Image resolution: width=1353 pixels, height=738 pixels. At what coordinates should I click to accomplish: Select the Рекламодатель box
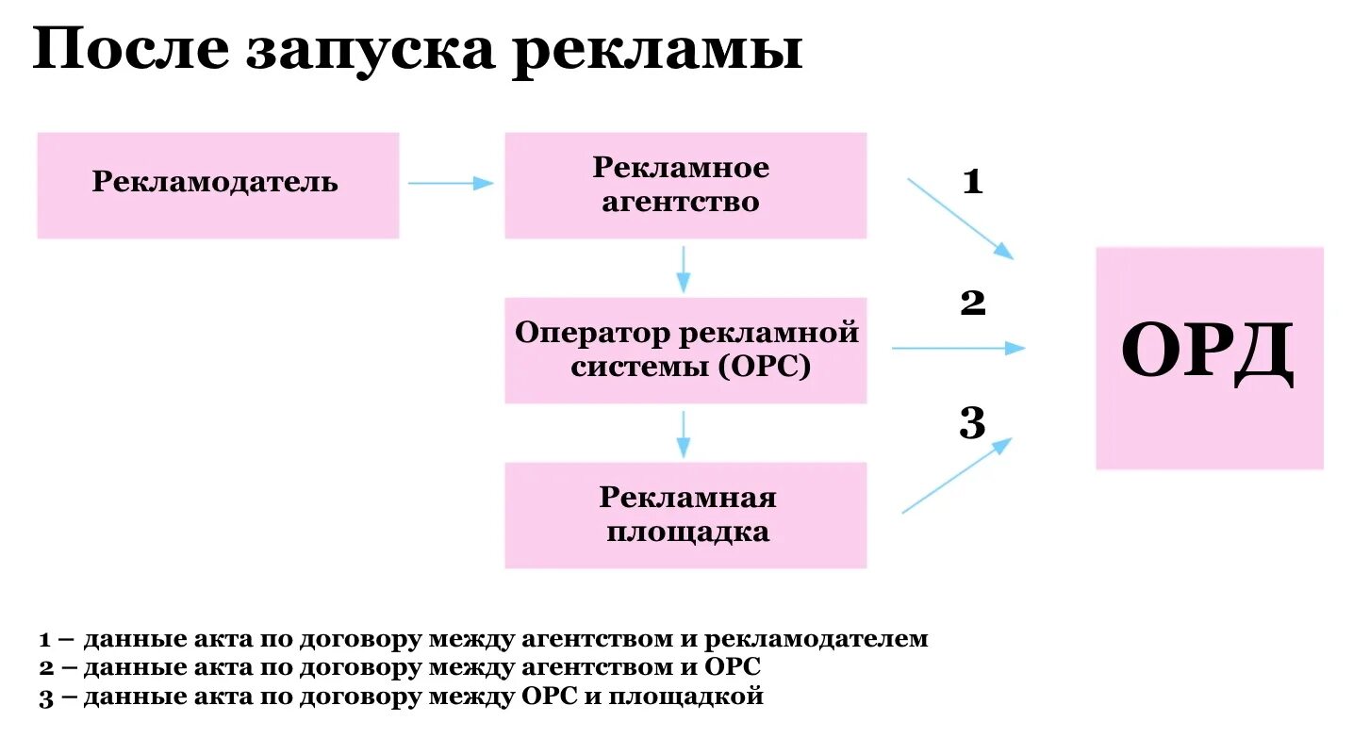tap(218, 185)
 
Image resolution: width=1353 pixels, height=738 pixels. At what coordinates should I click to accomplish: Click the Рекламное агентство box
tap(685, 185)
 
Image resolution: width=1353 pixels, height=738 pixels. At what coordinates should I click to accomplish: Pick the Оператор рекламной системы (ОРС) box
tap(685, 351)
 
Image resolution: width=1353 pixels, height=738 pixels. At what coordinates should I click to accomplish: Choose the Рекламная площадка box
tap(685, 515)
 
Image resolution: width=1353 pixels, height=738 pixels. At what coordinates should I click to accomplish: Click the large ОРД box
tap(1209, 357)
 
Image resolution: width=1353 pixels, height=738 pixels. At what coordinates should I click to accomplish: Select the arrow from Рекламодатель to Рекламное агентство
tap(451, 184)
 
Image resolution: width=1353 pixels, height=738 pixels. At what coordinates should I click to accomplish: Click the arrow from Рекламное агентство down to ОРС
tap(684, 269)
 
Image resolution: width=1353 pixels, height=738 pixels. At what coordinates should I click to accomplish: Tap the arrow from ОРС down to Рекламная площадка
tap(684, 434)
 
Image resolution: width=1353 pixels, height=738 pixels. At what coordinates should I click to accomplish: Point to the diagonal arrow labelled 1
tap(960, 218)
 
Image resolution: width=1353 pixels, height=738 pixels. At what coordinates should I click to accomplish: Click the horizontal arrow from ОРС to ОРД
tap(957, 348)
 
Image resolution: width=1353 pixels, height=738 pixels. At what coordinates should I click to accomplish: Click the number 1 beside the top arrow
tap(972, 181)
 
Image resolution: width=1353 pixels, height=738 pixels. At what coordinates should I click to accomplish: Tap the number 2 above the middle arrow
tap(972, 303)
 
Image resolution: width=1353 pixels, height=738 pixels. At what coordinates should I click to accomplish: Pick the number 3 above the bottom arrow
tap(972, 424)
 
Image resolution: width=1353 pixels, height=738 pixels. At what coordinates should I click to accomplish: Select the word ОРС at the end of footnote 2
tap(732, 667)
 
